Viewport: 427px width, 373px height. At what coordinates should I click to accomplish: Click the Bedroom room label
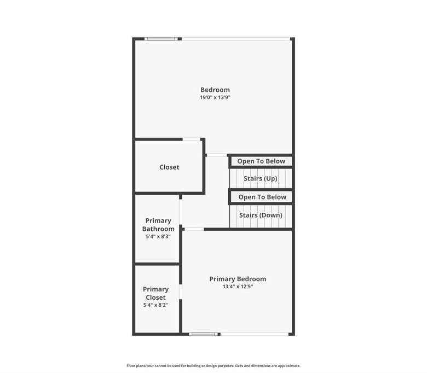[215, 90]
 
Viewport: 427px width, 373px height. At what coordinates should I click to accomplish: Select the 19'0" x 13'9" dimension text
[215, 97]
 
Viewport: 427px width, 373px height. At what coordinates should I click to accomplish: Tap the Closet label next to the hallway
[169, 167]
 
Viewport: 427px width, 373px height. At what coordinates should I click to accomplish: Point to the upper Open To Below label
[261, 161]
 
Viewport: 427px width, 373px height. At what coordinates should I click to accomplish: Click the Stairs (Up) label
[261, 178]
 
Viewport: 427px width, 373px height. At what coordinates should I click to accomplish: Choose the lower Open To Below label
[262, 197]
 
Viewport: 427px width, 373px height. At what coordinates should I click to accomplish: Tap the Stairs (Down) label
[261, 215]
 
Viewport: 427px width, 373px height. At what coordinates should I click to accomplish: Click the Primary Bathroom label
[158, 225]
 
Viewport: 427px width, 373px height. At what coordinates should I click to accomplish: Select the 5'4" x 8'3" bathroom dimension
[158, 236]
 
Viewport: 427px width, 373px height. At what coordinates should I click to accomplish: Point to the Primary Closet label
[155, 293]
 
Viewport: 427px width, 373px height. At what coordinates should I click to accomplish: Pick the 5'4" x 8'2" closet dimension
[155, 305]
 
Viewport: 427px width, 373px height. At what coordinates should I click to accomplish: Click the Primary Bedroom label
[238, 279]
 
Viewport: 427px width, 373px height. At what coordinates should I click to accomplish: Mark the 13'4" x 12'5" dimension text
[238, 287]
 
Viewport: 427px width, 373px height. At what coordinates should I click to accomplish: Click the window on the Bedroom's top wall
[161, 39]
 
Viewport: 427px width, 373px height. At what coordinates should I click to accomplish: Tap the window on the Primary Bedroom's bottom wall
[204, 334]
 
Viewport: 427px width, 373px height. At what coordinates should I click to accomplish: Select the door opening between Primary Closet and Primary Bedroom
[180, 292]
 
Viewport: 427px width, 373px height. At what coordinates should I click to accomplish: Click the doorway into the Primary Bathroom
[180, 212]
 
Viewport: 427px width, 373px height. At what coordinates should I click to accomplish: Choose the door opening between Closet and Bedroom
[192, 139]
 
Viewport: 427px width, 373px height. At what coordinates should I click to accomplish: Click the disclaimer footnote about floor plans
[214, 366]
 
